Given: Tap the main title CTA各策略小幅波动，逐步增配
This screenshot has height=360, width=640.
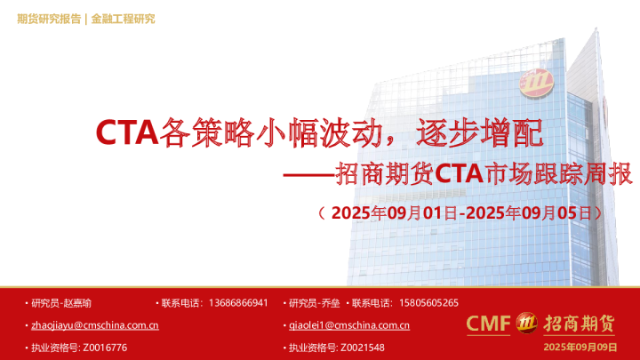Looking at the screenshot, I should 317,133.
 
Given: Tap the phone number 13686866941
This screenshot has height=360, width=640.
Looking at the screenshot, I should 238,302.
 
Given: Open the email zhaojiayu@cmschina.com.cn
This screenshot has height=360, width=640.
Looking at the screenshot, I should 95,325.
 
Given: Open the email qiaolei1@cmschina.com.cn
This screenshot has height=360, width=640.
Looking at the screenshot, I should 349,325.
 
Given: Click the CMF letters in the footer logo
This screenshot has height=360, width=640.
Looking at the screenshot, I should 489,323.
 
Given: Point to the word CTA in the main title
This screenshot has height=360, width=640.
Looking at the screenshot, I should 124,133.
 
